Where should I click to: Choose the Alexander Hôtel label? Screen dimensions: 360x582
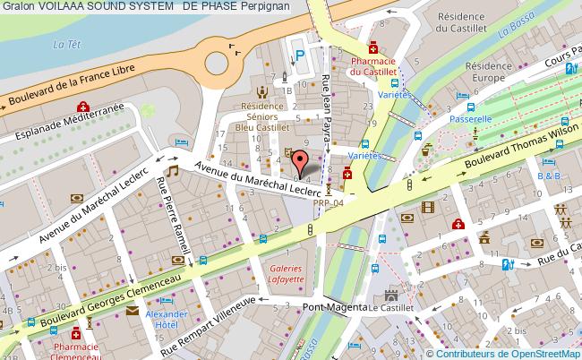167,321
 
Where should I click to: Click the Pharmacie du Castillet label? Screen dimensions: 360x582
373,64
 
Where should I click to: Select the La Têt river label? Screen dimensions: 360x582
62,43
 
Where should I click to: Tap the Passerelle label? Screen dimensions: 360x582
472,117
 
